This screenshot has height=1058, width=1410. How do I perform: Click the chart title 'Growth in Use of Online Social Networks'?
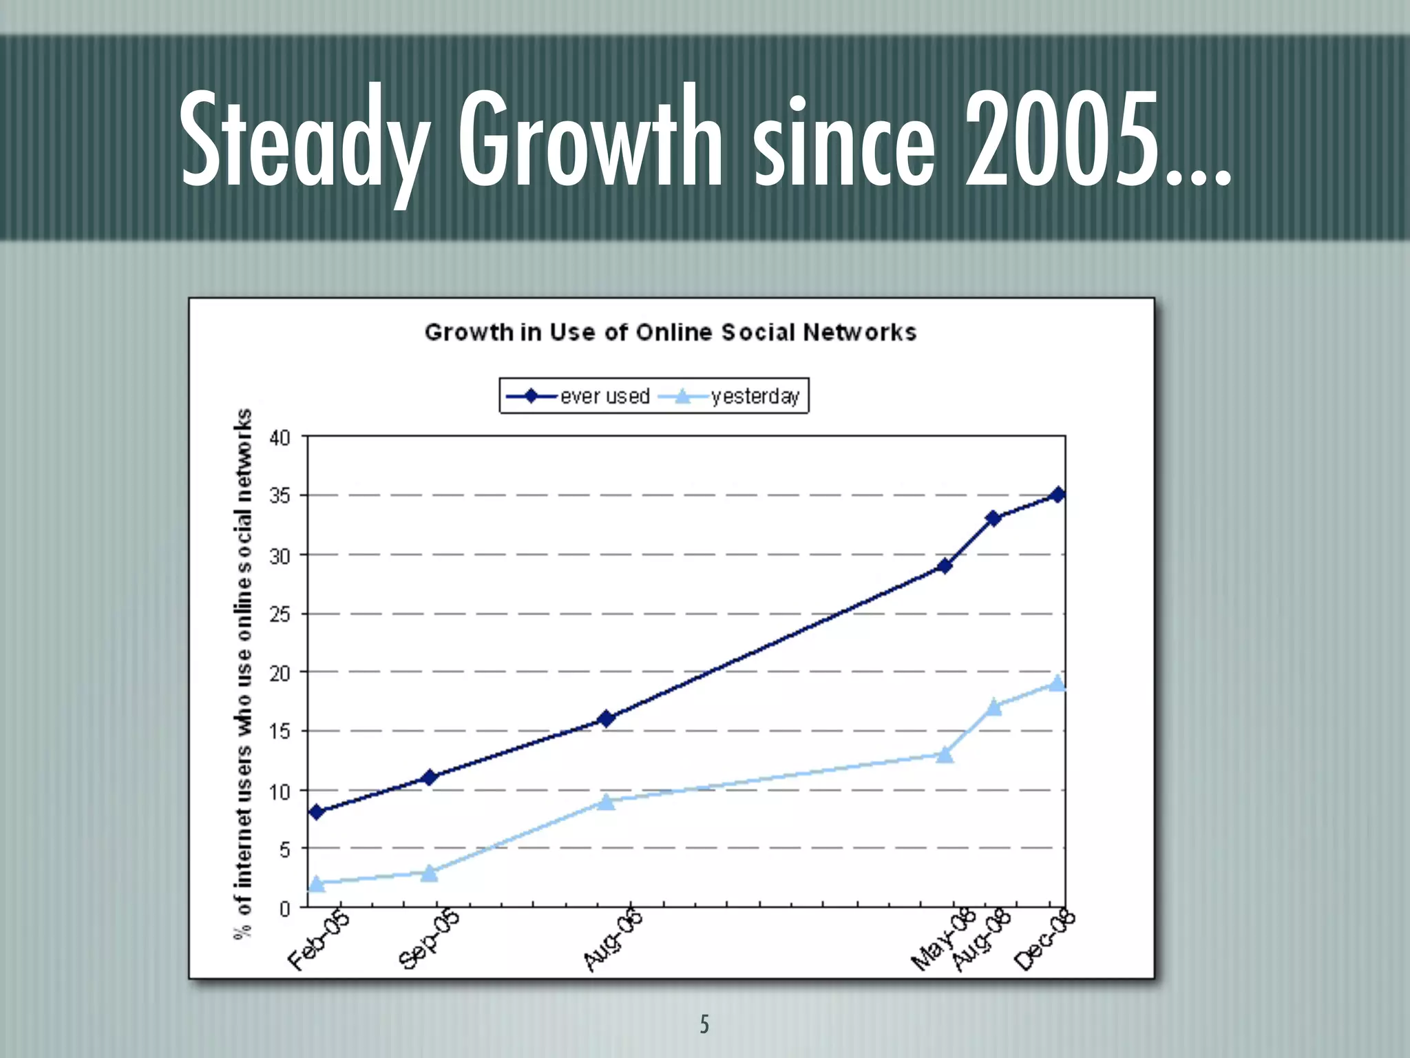click(670, 332)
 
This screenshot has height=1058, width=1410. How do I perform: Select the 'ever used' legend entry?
click(578, 396)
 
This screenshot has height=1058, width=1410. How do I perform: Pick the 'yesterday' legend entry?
click(730, 396)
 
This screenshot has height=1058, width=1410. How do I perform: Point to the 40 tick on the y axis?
click(280, 437)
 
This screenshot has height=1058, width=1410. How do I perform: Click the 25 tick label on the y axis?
click(280, 614)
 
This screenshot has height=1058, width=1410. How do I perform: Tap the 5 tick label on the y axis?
click(284, 849)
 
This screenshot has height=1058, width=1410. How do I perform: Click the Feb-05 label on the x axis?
click(319, 940)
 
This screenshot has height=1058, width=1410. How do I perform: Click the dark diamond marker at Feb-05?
click(317, 812)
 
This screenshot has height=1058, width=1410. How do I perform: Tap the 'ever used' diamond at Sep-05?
click(430, 778)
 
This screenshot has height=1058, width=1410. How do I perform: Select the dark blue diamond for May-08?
click(945, 566)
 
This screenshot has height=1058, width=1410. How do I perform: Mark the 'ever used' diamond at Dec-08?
click(1058, 495)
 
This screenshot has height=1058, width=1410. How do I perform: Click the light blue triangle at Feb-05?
click(317, 883)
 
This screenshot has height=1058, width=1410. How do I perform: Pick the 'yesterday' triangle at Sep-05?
click(430, 873)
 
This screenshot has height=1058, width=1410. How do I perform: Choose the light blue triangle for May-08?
click(945, 755)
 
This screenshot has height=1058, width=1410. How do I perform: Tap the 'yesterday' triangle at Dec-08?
click(1057, 683)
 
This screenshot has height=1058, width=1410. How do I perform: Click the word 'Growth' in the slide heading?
click(591, 141)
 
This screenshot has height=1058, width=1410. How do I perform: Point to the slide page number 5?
click(704, 1024)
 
